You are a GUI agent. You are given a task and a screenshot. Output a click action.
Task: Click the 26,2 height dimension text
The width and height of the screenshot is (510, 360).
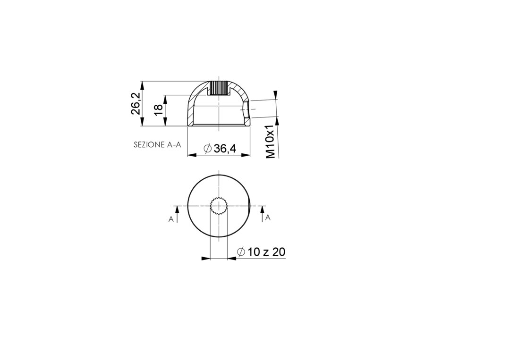point(136,104)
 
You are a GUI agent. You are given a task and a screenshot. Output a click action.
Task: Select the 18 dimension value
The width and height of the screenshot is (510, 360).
point(158,110)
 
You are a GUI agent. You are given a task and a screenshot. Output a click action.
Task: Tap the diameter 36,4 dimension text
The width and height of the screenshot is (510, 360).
point(220,149)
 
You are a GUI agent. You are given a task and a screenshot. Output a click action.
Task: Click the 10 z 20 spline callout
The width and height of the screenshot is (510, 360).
point(262,251)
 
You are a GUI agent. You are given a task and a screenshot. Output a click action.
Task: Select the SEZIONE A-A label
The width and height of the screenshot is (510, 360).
point(157,145)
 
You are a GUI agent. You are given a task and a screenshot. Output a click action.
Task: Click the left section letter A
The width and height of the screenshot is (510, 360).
point(171,220)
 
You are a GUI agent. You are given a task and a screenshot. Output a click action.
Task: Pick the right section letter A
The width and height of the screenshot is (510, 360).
point(268,218)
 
